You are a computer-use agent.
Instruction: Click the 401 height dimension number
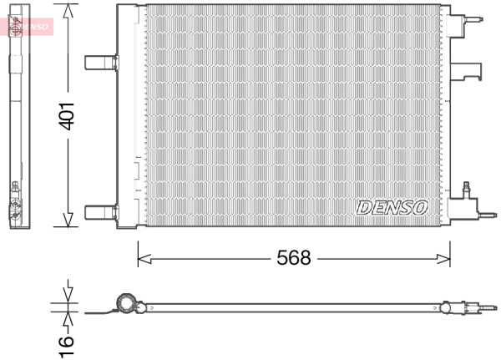click(67, 116)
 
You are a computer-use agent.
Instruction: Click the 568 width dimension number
click(294, 258)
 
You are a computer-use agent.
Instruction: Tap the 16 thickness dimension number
click(67, 347)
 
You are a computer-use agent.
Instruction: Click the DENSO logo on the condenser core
click(392, 208)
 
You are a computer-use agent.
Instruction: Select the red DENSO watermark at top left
click(27, 27)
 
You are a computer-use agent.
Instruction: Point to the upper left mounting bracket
click(102, 63)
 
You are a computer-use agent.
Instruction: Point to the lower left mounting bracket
click(102, 212)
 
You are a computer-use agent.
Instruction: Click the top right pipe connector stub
click(474, 19)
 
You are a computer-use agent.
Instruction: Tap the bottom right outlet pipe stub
click(488, 215)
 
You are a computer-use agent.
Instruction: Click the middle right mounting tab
click(466, 71)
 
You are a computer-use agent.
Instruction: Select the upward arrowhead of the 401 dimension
click(68, 11)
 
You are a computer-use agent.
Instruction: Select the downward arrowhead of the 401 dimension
click(68, 220)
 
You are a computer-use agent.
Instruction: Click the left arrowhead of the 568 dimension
click(144, 259)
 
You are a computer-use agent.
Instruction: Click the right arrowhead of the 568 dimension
click(443, 259)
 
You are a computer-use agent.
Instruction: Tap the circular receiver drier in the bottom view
click(126, 302)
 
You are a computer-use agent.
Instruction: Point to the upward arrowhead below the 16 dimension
click(68, 319)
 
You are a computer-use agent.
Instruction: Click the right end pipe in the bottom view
click(488, 308)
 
